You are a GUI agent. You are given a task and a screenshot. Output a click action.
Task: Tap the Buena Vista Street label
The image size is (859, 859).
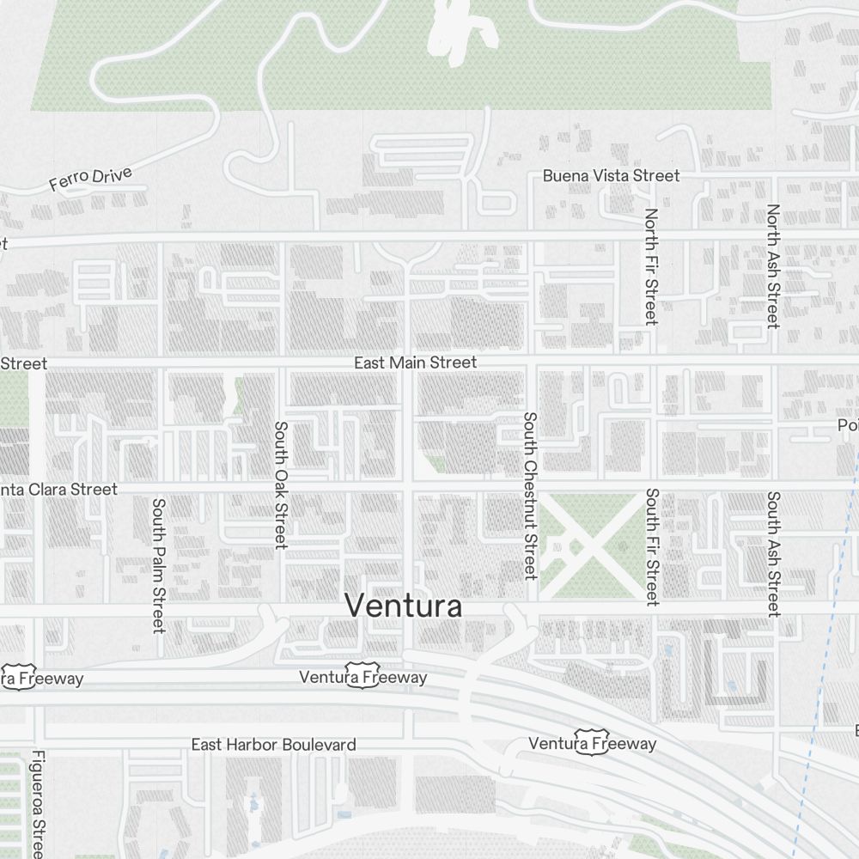(x=611, y=175)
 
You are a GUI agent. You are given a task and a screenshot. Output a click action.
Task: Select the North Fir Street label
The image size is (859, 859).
(x=651, y=266)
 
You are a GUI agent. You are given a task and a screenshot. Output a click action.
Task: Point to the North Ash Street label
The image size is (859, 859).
(x=773, y=266)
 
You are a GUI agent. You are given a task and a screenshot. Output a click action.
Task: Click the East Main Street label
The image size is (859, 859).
(x=415, y=363)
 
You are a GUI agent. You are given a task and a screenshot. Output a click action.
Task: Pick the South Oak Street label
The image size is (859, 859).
(x=280, y=484)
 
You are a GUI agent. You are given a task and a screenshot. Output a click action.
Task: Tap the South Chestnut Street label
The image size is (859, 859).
(x=530, y=496)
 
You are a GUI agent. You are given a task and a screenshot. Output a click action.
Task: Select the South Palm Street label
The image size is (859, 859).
(x=158, y=565)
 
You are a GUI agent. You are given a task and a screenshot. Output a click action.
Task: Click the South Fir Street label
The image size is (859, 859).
(x=652, y=547)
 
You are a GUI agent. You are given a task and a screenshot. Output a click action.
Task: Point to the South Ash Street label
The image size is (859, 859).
(x=773, y=554)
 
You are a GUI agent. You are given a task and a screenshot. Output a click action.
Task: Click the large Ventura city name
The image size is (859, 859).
(x=403, y=606)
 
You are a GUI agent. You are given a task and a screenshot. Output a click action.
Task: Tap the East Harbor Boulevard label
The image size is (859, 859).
(x=273, y=745)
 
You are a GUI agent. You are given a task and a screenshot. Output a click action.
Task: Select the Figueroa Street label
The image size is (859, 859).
(x=37, y=805)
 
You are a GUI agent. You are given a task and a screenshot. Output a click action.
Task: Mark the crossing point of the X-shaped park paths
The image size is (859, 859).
(x=590, y=545)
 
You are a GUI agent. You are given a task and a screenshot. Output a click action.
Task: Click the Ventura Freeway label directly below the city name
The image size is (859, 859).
(x=362, y=678)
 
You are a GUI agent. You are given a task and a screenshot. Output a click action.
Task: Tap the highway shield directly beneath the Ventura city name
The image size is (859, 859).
(x=362, y=668)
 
